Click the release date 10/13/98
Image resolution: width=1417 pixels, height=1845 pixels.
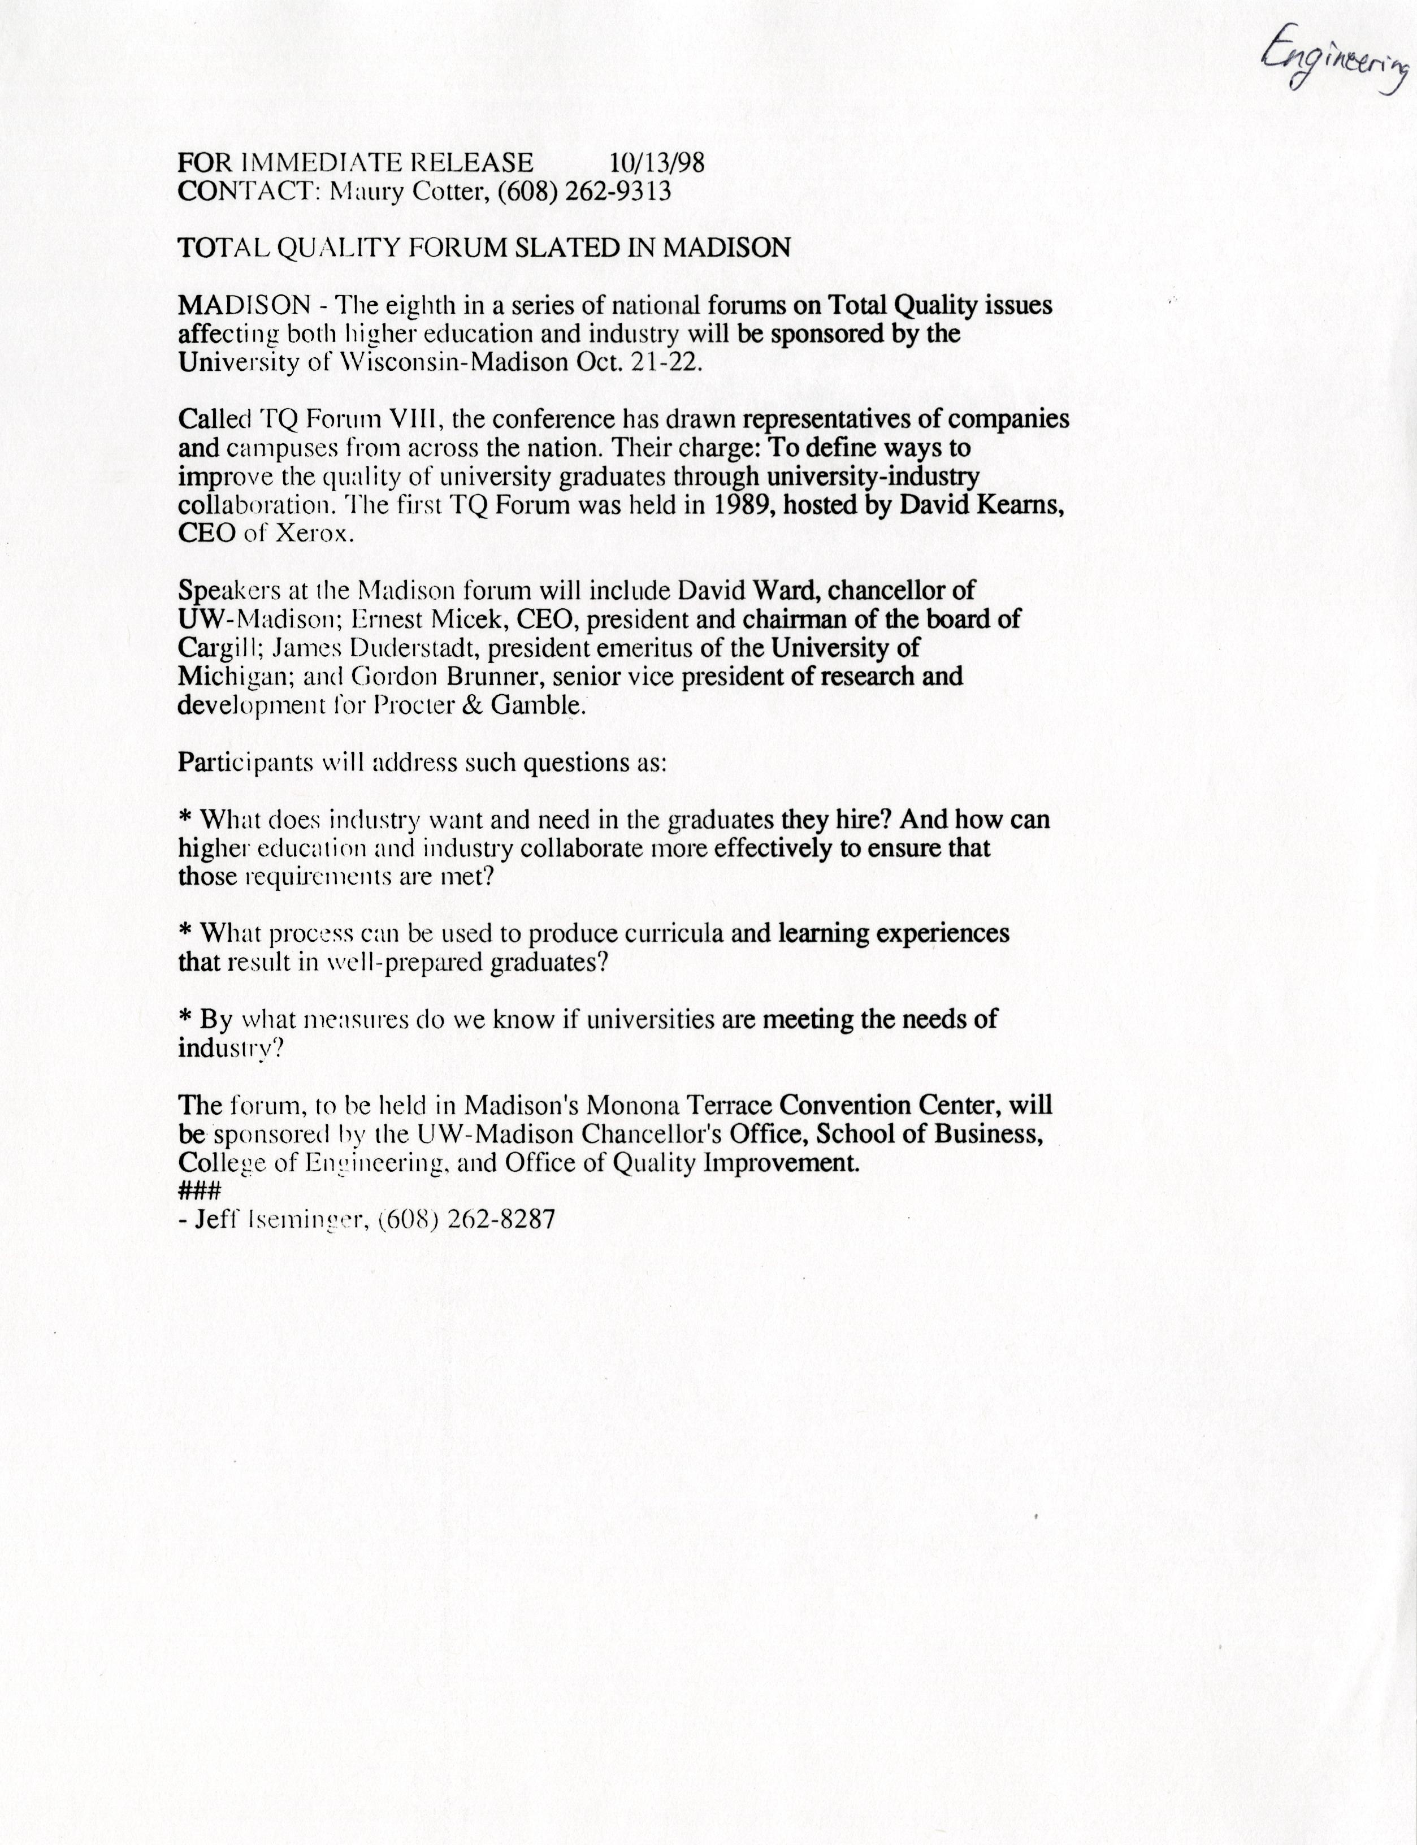(x=656, y=162)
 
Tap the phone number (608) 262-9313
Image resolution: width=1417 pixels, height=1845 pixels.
(x=584, y=192)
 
